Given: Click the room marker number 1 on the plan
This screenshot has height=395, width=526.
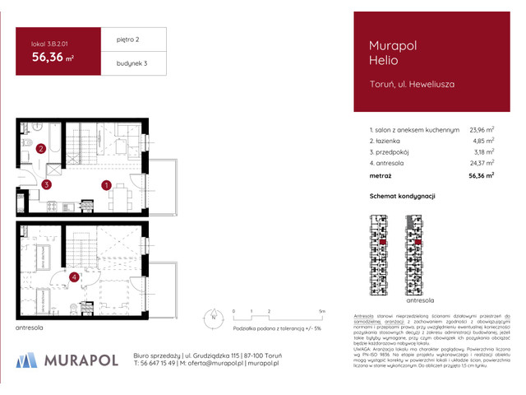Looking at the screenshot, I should coord(107,185).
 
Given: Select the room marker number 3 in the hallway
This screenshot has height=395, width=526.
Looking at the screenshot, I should coord(48,185).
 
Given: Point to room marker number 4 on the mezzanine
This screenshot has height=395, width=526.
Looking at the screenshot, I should coord(74,277).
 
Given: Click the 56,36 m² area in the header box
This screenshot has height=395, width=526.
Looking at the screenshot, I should coord(53,57).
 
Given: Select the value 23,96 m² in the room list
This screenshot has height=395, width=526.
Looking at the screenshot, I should coord(481,129).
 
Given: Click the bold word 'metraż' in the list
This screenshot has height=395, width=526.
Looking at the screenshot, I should coord(381,176).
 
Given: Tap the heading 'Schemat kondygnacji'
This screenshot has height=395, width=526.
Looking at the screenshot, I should coord(402,197).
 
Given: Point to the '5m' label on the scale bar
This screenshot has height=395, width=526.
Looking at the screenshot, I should coord(321,312).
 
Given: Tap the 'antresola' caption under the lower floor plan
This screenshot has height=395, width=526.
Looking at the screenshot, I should coord(30,329).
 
